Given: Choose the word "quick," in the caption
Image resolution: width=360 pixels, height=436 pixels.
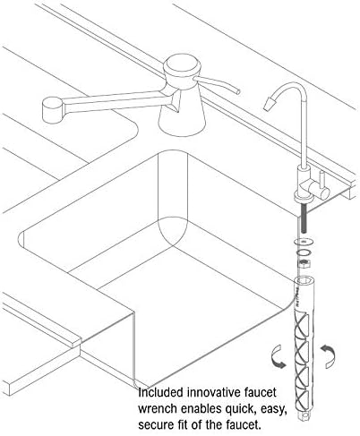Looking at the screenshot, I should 240,408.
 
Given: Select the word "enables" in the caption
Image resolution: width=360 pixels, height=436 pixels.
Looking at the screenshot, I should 201,408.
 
